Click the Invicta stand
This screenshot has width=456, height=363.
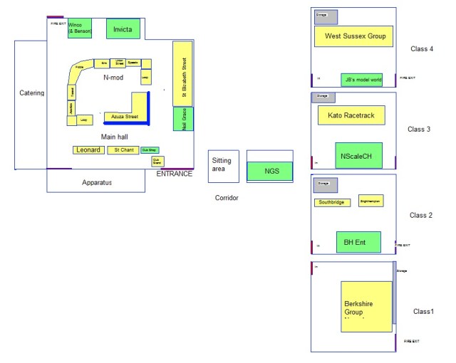[x=123, y=28]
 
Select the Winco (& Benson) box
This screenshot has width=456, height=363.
[x=80, y=28]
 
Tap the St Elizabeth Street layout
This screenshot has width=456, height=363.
[x=183, y=73]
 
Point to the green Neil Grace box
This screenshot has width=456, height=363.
[x=183, y=118]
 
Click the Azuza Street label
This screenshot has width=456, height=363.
[x=125, y=117]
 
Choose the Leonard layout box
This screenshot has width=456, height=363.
[x=88, y=150]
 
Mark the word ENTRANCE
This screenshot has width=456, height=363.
[x=175, y=174]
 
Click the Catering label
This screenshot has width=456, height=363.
[x=32, y=93]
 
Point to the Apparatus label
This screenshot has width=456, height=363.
[x=96, y=183]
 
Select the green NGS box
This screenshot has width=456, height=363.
[x=271, y=171]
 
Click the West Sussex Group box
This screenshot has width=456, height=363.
[x=354, y=36]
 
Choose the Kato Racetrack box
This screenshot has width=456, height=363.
[x=351, y=115]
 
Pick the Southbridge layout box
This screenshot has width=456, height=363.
[x=332, y=203]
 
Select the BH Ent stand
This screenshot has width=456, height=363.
[x=358, y=242]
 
